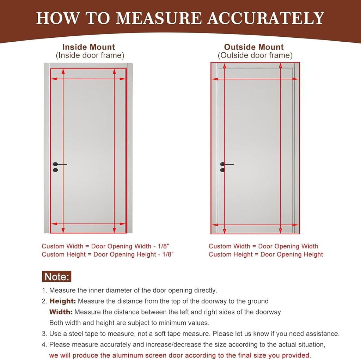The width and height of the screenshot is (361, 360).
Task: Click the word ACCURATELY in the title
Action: [265, 18]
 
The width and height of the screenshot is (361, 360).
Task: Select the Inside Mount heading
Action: [88, 47]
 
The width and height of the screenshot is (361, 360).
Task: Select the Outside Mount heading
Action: [254, 47]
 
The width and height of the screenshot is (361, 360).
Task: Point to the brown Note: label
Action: [56, 276]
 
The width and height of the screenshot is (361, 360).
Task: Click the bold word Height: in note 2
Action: [62, 301]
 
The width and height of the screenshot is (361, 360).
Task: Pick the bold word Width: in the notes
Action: [61, 312]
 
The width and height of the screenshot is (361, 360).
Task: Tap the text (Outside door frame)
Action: [255, 55]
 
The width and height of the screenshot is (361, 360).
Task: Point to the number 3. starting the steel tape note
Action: [44, 334]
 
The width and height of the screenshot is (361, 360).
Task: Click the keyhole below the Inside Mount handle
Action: [55, 170]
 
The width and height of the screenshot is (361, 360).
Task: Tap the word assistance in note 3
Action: [323, 334]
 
